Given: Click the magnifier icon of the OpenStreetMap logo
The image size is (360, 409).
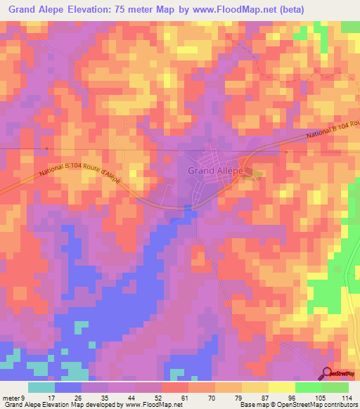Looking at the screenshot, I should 328,373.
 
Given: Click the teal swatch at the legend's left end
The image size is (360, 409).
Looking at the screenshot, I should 41,387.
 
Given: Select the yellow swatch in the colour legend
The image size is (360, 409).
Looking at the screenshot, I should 282,387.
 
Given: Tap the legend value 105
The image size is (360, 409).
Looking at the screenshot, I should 321,397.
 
